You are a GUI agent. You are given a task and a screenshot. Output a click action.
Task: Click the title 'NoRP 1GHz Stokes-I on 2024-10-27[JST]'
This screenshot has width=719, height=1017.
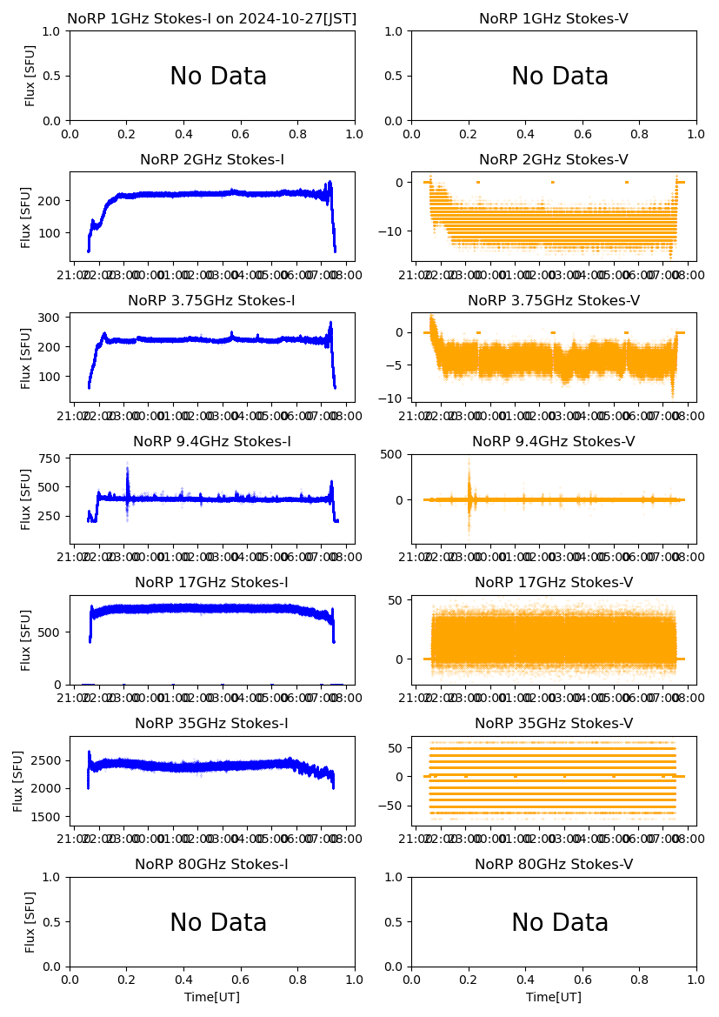click(211, 18)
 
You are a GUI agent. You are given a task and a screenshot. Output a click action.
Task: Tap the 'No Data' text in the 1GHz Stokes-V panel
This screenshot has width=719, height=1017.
click(559, 77)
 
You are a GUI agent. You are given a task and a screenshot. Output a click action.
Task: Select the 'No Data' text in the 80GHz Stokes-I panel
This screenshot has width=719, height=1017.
click(218, 922)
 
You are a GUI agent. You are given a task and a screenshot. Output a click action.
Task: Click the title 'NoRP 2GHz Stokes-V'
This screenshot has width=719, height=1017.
click(554, 159)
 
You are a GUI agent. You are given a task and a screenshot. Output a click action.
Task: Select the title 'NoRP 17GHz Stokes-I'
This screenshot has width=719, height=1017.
click(211, 582)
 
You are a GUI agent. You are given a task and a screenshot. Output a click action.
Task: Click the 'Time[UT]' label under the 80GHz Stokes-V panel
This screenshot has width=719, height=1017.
click(554, 996)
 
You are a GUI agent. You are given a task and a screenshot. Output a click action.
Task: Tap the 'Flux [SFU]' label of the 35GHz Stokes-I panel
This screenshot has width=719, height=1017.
click(18, 780)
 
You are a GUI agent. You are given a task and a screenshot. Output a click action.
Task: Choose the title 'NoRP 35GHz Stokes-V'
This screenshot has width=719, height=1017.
click(554, 723)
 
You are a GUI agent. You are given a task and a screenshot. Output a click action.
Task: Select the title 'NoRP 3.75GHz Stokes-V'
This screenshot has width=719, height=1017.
click(554, 300)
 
